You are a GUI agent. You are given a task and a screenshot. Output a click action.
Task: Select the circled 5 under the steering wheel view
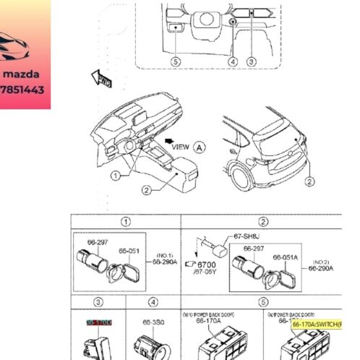(x=175, y=62)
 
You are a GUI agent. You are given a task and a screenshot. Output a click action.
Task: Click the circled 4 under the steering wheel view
(x=233, y=62)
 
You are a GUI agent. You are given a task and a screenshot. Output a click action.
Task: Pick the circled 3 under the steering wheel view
(x=251, y=62)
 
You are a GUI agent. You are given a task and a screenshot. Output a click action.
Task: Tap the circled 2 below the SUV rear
(x=309, y=181)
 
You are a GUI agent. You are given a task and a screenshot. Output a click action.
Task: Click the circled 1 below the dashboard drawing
(x=116, y=176)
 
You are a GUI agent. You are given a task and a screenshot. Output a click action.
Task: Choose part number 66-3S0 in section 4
(x=152, y=322)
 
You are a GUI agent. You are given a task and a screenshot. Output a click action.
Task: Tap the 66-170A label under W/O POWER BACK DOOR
(x=208, y=322)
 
